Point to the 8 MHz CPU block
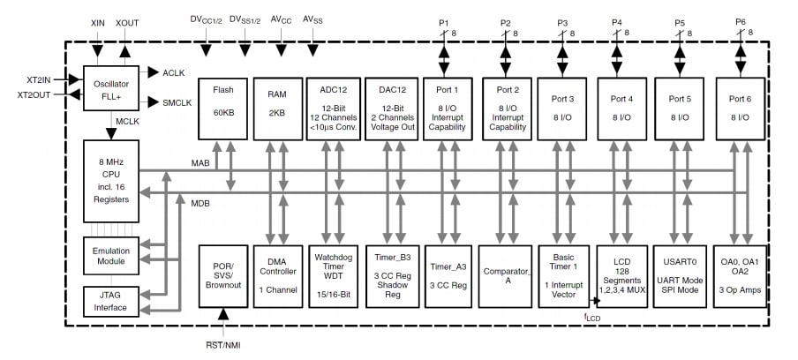tap(109, 181)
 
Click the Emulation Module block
tap(109, 255)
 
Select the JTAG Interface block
tap(109, 301)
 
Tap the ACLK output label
tap(173, 72)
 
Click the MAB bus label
tap(200, 162)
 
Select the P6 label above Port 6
tap(740, 21)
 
